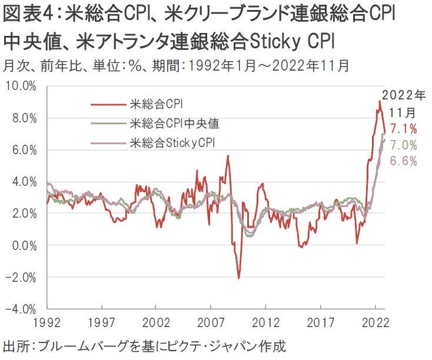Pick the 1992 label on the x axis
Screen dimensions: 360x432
[x=46, y=322]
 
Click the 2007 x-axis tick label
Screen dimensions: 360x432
[x=211, y=322]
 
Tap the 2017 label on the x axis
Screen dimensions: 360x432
[x=320, y=322]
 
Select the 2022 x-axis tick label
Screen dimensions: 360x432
[x=374, y=322]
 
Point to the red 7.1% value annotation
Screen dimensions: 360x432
[x=404, y=129]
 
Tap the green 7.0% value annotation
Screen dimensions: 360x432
[x=404, y=145]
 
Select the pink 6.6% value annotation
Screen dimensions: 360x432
[x=404, y=161]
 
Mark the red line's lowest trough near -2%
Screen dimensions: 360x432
[x=238, y=278]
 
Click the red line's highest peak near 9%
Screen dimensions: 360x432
[x=380, y=101]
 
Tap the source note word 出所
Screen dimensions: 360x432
[x=18, y=346]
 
